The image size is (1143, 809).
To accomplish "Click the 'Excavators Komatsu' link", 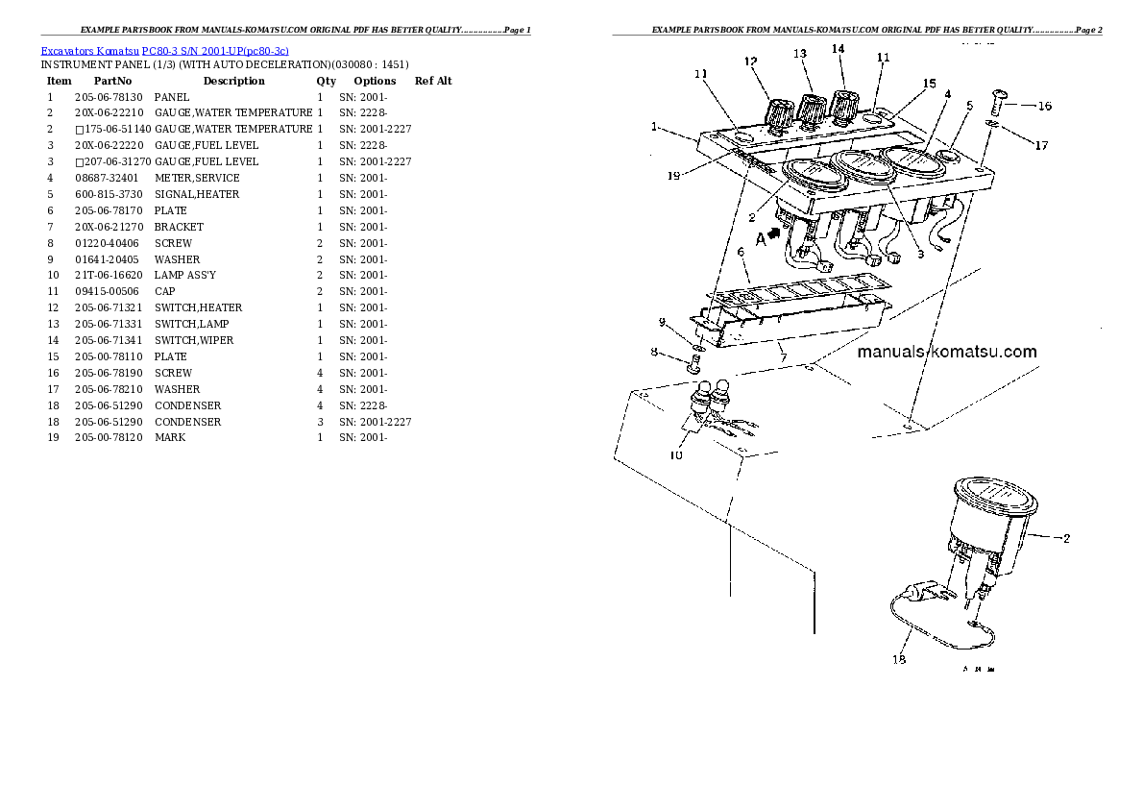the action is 89,51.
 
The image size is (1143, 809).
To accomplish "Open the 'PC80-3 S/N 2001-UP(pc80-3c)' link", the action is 215,51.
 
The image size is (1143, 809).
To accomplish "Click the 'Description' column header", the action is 234,81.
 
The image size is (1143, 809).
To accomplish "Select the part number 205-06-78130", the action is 109,97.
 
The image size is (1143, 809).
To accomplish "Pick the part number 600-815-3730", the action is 109,194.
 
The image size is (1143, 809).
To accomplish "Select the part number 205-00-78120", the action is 109,438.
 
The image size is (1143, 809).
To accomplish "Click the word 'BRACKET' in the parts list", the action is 179,227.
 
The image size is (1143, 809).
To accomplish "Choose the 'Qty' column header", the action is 326,81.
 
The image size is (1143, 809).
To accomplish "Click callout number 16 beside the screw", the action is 1045,106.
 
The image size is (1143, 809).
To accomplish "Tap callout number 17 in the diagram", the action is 1041,145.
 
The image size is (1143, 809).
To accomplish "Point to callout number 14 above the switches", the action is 838,49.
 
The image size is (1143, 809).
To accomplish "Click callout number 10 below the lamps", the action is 676,455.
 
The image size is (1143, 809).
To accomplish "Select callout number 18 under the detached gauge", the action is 899,659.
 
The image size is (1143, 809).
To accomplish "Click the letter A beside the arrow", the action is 761,239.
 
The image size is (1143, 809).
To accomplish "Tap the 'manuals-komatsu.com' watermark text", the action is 947,352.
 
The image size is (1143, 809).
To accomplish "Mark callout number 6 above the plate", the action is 741,253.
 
